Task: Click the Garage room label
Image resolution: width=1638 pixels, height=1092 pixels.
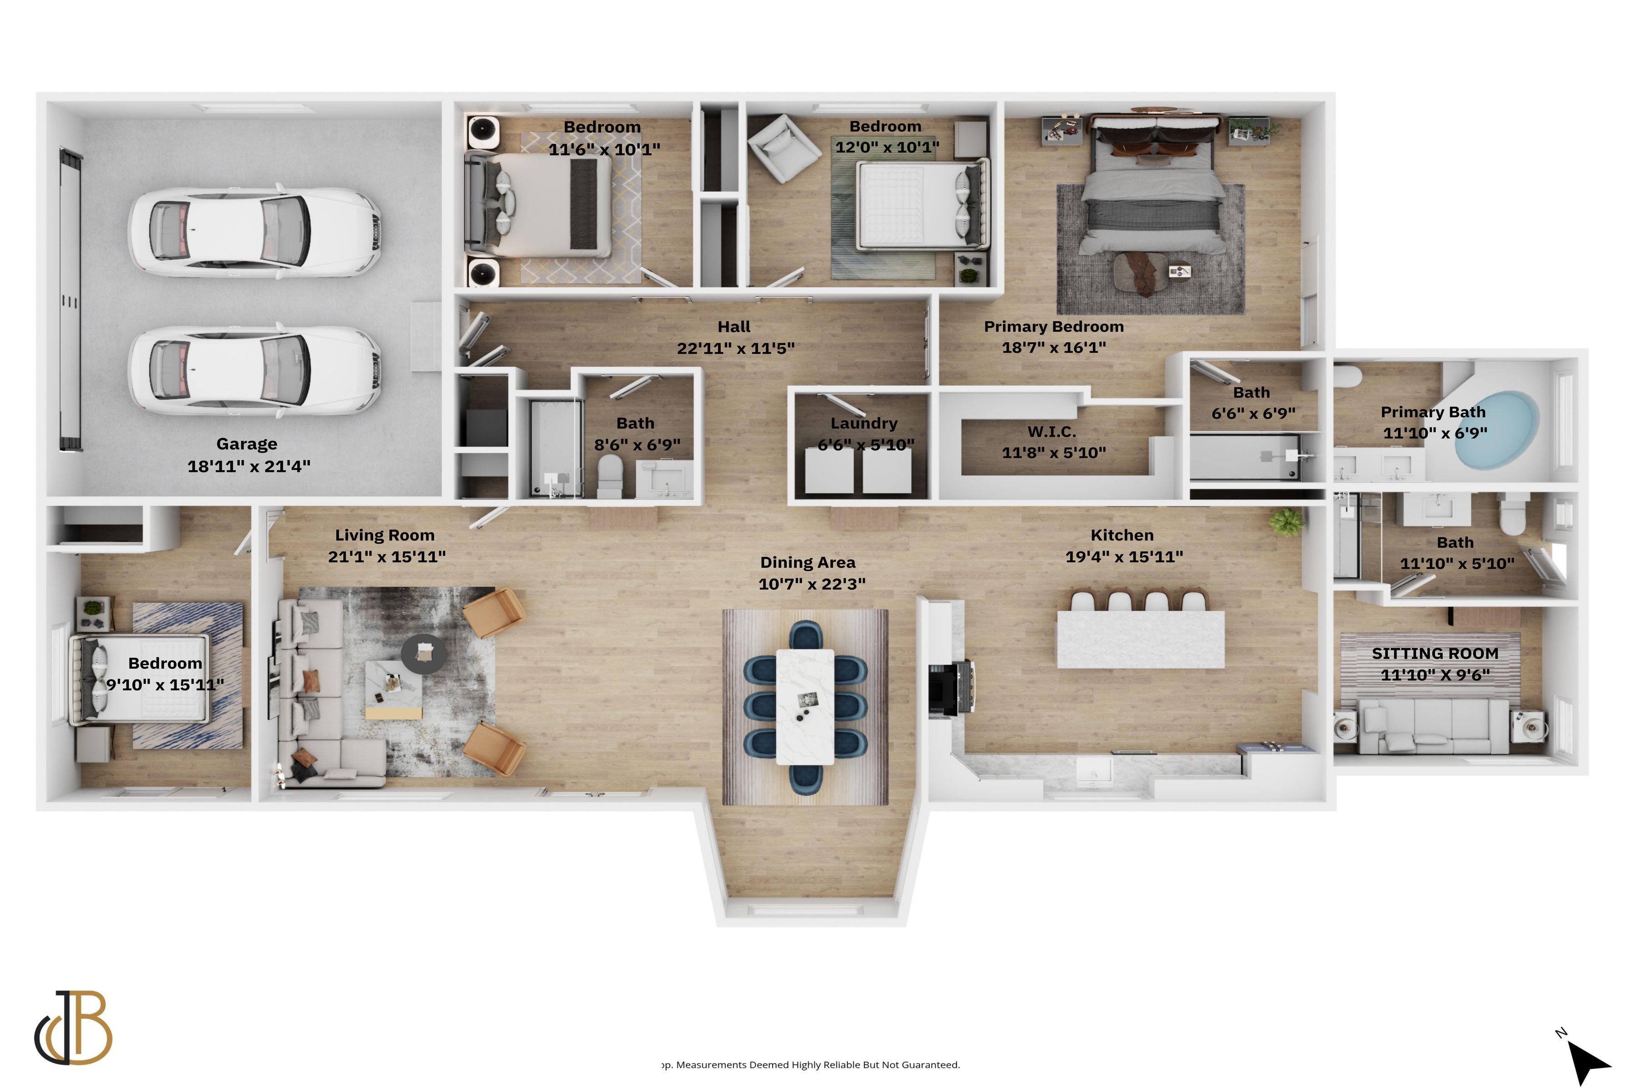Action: [x=247, y=444]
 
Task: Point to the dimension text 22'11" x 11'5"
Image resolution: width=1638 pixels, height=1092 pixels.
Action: [x=735, y=348]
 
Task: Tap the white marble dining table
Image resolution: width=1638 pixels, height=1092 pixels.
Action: [x=804, y=706]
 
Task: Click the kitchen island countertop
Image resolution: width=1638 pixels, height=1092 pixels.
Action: [x=1140, y=639]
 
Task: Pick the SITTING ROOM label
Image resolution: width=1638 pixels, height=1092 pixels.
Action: [x=1435, y=653]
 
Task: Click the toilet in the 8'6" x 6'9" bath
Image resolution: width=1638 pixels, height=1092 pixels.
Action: [x=610, y=475]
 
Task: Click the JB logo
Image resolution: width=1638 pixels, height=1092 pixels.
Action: [x=74, y=1028]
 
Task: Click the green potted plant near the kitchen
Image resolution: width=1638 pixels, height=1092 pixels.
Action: [x=1286, y=521]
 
